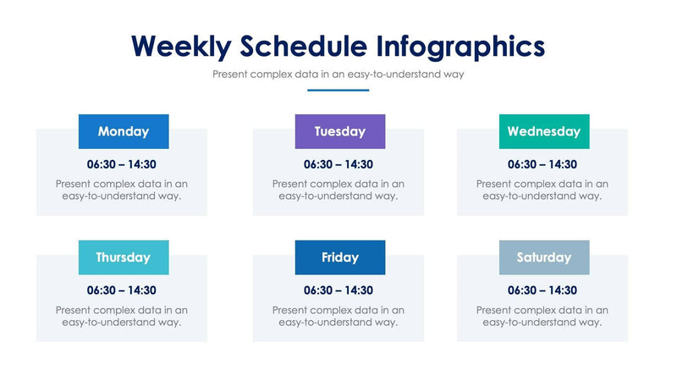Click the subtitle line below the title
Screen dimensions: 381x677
point(338,75)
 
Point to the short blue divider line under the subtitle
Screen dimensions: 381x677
point(338,90)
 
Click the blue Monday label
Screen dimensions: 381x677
point(124,131)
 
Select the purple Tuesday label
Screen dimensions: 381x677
point(340,131)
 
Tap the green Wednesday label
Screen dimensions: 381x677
point(544,131)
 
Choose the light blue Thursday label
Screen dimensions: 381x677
point(124,257)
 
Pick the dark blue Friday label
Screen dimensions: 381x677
point(340,257)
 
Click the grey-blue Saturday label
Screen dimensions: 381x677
point(544,257)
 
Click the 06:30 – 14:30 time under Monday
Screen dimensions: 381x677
point(122,164)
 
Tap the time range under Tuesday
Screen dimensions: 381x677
point(338,164)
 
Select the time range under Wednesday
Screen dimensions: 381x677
point(542,164)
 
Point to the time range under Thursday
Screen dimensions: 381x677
point(122,290)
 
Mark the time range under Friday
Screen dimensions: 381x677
point(338,290)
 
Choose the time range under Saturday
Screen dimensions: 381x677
point(542,290)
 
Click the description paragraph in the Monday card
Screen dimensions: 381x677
point(122,190)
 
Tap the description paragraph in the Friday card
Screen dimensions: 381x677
point(338,316)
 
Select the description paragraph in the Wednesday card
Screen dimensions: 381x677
point(542,190)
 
